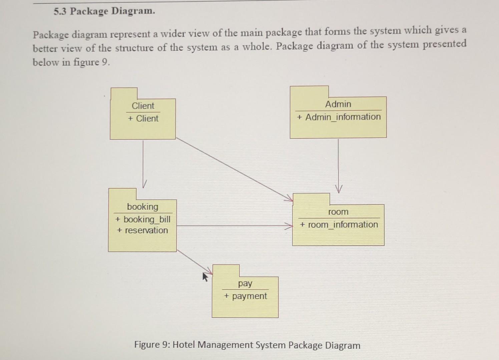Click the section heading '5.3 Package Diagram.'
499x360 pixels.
tap(104, 11)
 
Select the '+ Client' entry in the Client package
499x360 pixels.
tap(143, 119)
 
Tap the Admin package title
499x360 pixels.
tap(338, 104)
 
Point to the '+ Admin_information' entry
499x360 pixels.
tap(339, 117)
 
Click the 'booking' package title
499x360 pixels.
tap(142, 207)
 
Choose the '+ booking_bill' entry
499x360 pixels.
tap(143, 219)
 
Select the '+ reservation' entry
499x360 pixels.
tap(142, 230)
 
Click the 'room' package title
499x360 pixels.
tap(338, 212)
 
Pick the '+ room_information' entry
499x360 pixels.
tap(339, 225)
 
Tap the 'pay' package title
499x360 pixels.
tap(245, 283)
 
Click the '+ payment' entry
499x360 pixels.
tap(245, 296)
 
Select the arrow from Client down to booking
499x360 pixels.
tap(143, 163)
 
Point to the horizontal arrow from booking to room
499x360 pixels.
tap(233, 226)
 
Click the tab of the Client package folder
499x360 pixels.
tap(124, 93)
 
